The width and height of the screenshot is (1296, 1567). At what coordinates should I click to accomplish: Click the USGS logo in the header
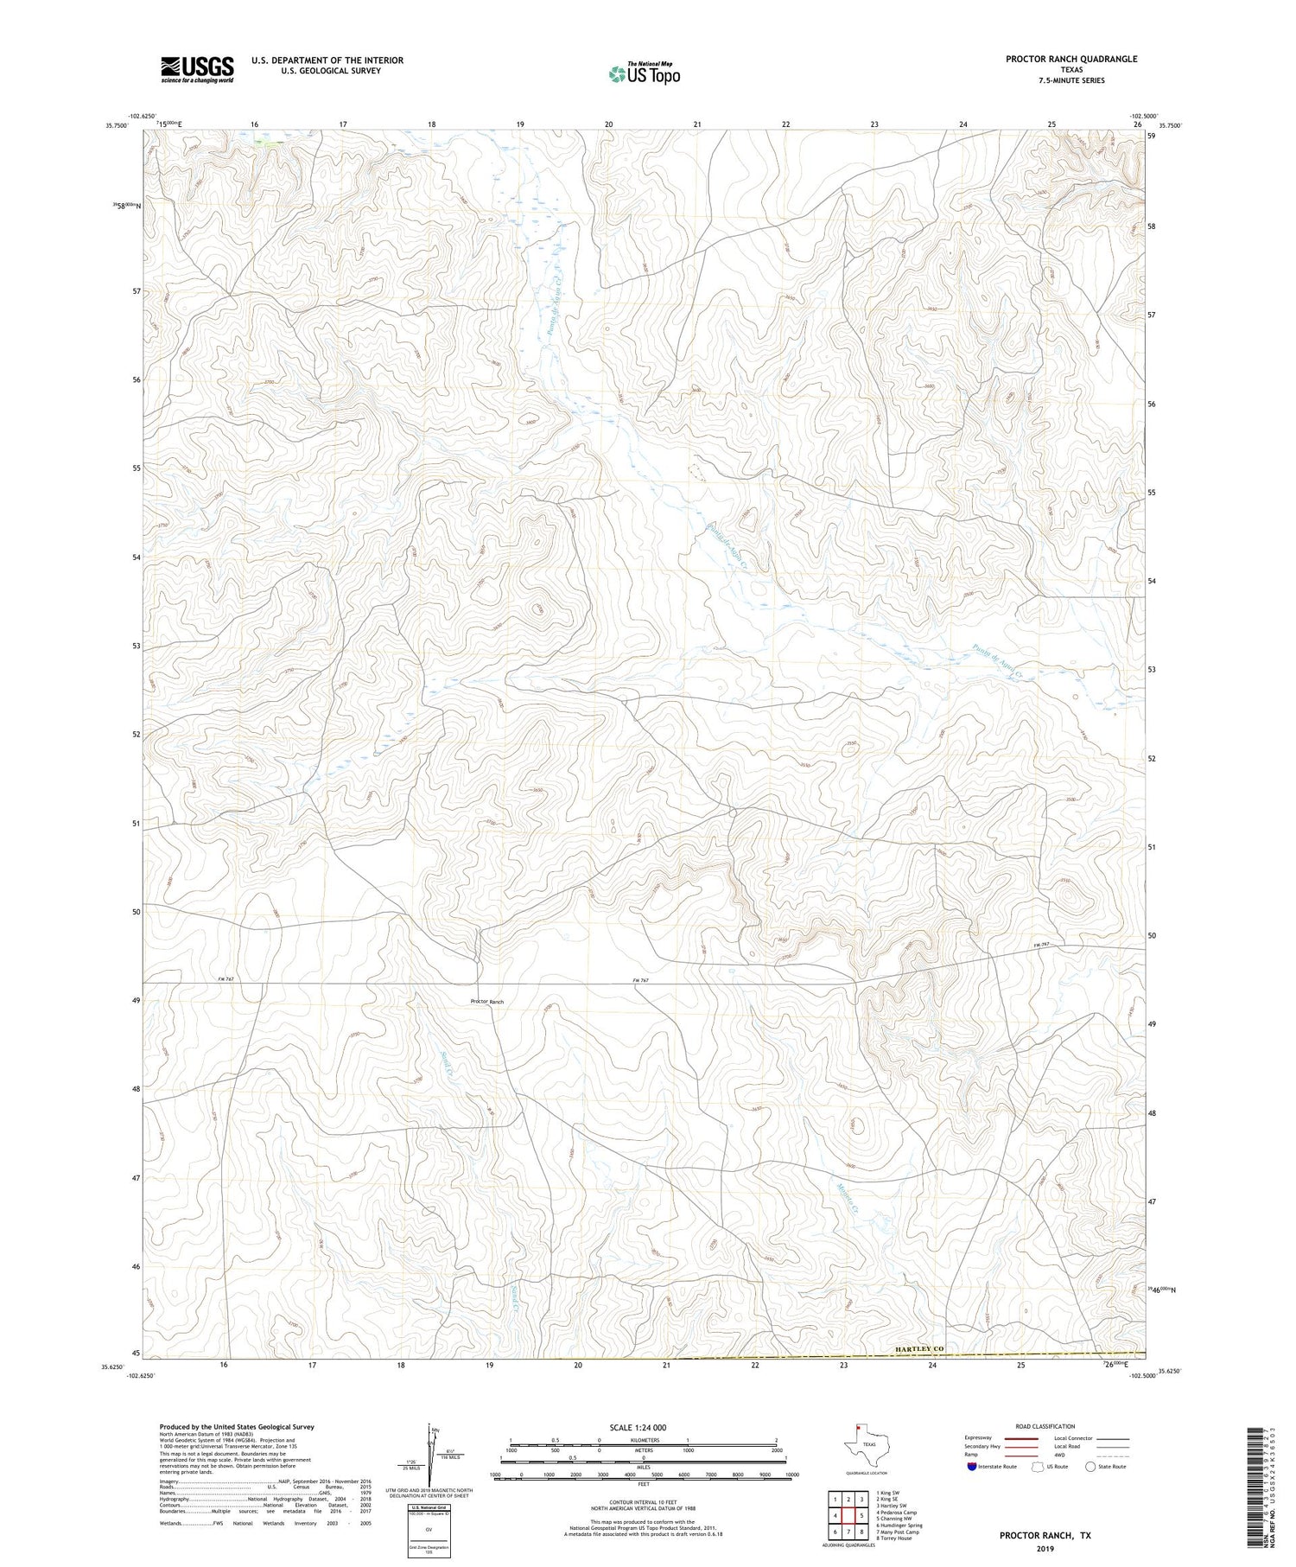point(197,69)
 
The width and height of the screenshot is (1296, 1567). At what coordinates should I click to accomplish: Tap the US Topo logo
point(644,73)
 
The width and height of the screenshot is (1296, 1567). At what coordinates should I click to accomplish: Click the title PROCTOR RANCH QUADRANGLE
point(1070,59)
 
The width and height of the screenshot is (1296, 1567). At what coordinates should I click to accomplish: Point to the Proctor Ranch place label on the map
point(486,1002)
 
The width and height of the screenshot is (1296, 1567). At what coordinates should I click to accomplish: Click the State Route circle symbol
point(1091,1466)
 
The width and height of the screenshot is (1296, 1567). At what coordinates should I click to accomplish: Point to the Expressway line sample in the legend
point(1020,1438)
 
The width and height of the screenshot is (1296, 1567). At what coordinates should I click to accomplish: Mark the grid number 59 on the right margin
point(1151,136)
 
